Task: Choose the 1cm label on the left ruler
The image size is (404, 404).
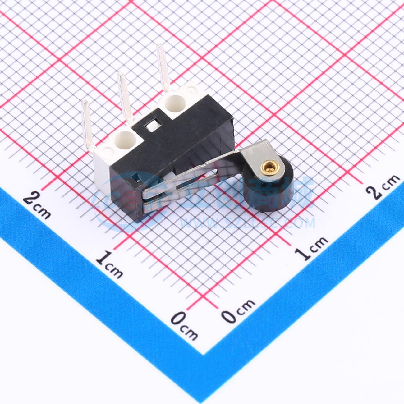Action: tap(109, 264)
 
